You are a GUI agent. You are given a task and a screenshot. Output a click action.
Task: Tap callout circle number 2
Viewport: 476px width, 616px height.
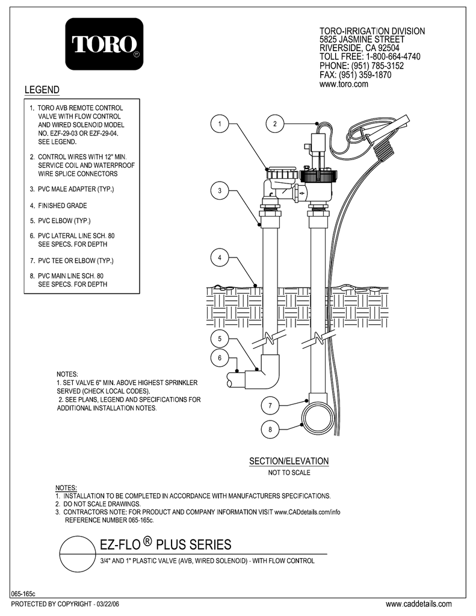coord(274,124)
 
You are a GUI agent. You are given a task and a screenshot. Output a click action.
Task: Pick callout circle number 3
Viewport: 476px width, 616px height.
coord(220,191)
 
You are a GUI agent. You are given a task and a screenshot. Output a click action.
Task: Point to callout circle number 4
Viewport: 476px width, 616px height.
coord(220,258)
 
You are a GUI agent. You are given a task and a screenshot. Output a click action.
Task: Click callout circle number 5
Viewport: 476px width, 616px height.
coord(220,338)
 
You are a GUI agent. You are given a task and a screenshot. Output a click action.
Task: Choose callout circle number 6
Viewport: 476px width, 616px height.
coord(220,358)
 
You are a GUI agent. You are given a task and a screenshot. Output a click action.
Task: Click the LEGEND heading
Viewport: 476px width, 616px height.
coord(42,90)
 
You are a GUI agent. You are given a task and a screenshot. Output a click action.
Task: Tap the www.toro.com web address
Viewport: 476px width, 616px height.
coord(343,85)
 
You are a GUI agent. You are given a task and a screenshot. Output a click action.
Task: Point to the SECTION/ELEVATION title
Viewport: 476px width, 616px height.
coord(289,461)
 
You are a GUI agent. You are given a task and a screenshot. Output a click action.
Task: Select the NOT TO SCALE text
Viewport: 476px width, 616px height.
coord(289,473)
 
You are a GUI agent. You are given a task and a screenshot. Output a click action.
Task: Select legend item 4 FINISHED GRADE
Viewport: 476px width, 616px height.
coord(63,206)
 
